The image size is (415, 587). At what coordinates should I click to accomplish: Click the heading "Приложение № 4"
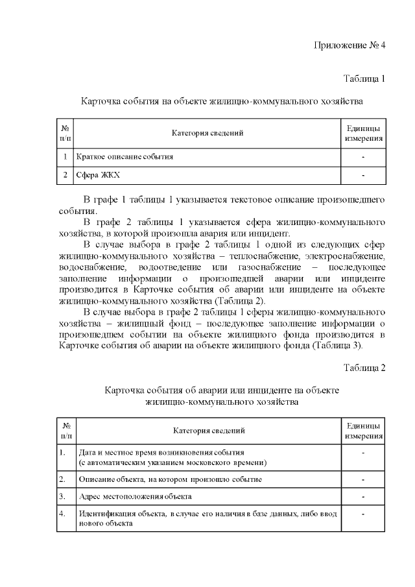[350, 45]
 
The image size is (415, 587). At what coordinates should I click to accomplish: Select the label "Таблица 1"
[364, 78]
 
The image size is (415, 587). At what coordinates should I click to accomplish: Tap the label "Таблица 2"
[364, 368]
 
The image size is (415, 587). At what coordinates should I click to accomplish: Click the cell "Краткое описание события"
[124, 157]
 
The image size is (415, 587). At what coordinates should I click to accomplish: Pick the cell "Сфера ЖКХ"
[98, 175]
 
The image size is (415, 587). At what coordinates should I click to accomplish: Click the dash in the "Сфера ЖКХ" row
[363, 175]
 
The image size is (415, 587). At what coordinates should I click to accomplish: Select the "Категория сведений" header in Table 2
[209, 430]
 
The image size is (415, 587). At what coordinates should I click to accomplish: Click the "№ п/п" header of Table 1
[65, 134]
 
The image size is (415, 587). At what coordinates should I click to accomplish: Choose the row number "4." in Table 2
[62, 513]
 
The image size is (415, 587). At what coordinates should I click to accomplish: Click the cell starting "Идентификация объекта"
[207, 518]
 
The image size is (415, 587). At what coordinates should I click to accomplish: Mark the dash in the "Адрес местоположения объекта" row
[363, 497]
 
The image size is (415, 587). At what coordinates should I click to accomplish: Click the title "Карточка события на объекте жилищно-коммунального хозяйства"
[221, 102]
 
